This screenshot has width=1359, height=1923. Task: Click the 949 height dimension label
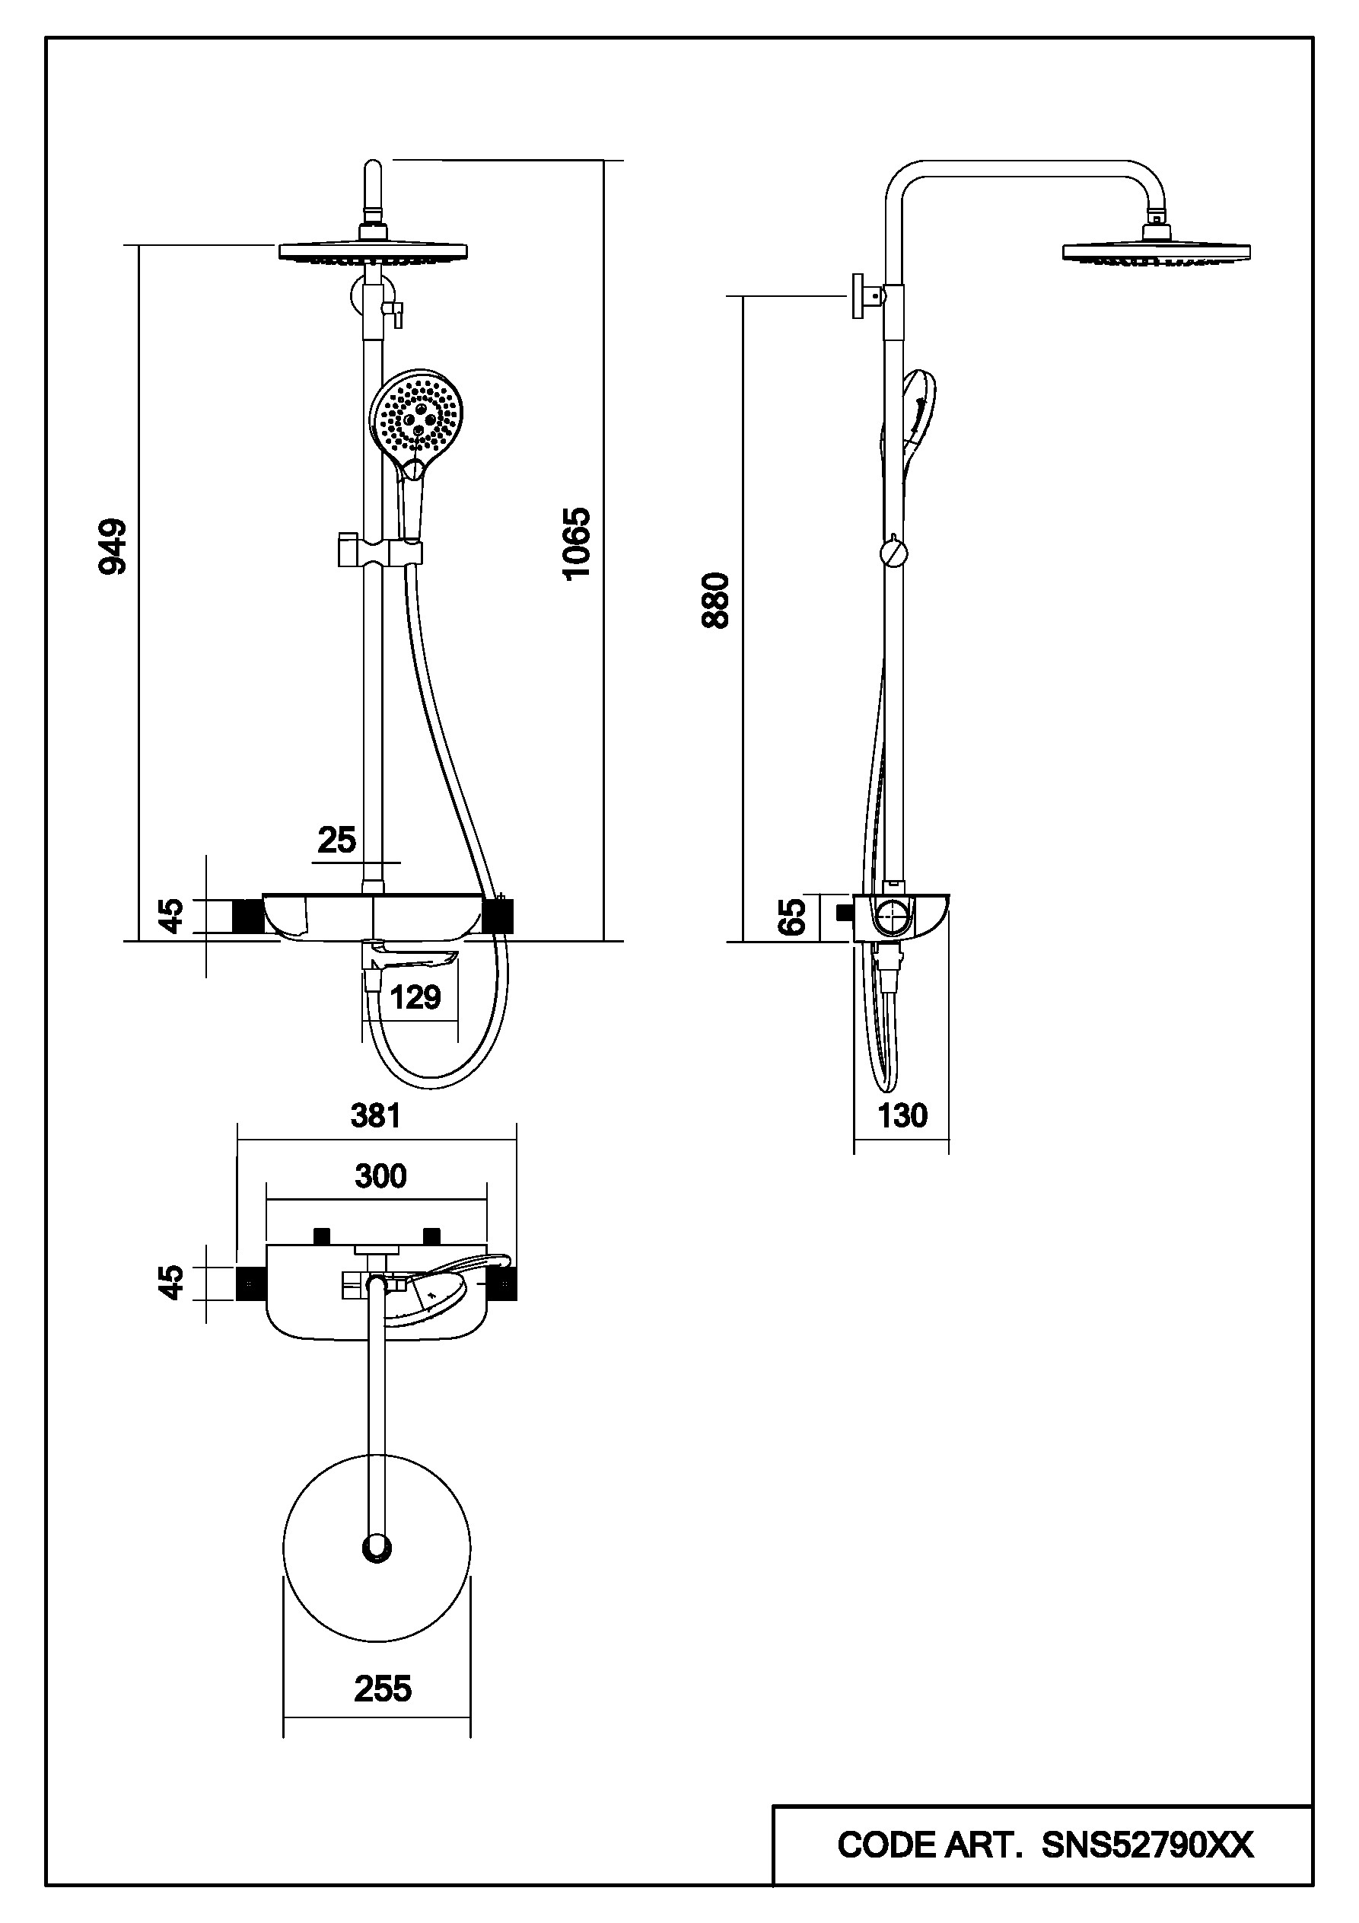click(x=113, y=547)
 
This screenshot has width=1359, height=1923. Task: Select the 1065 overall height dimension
click(x=577, y=543)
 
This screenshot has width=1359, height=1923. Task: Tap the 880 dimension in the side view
click(x=717, y=600)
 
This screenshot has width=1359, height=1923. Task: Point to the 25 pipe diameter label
click(x=336, y=839)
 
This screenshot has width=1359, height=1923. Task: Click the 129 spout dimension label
click(x=415, y=997)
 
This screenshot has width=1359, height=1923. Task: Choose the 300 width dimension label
click(x=381, y=1176)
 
